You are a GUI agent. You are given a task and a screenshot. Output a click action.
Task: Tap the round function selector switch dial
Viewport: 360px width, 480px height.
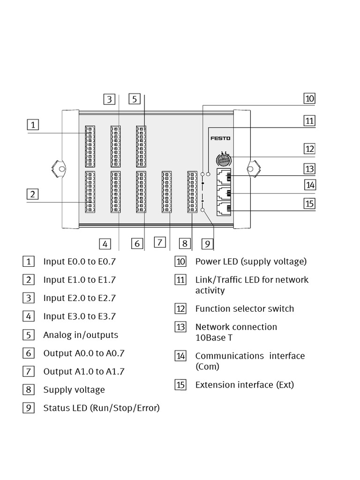tap(223, 160)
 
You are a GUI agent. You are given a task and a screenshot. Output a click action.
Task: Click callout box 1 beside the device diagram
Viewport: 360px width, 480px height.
tap(33, 125)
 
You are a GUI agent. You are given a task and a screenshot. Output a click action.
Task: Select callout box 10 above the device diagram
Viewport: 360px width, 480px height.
tap(309, 98)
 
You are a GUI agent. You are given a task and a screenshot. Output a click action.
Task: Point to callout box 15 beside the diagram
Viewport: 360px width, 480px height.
tap(309, 203)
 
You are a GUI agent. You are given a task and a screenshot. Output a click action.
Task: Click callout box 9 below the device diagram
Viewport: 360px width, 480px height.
tap(208, 244)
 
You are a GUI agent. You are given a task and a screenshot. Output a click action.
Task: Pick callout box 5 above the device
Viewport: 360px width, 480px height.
tap(135, 99)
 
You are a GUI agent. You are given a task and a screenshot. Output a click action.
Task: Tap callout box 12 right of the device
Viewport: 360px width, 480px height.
tap(309, 149)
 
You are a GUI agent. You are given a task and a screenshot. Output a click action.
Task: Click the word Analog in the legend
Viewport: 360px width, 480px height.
tap(58, 335)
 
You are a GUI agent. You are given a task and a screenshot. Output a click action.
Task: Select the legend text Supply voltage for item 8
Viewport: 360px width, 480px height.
tap(74, 390)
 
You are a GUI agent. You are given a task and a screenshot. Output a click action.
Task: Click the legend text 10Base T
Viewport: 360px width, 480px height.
tap(214, 337)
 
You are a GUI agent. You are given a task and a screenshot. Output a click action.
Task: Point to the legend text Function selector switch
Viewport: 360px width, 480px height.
tap(245, 308)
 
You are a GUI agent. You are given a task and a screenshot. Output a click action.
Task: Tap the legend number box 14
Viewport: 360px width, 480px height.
tap(181, 356)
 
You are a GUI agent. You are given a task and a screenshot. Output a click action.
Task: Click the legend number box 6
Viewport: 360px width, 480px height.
tap(29, 353)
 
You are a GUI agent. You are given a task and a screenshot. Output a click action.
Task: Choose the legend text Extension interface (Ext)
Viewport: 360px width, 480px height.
tap(245, 385)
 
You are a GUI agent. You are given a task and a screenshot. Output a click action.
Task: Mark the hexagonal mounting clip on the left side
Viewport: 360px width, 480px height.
tap(59, 167)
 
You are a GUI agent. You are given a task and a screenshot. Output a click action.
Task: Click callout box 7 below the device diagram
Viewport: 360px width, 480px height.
tap(160, 242)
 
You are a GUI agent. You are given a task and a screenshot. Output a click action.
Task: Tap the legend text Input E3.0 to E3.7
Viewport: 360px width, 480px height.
tap(79, 316)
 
